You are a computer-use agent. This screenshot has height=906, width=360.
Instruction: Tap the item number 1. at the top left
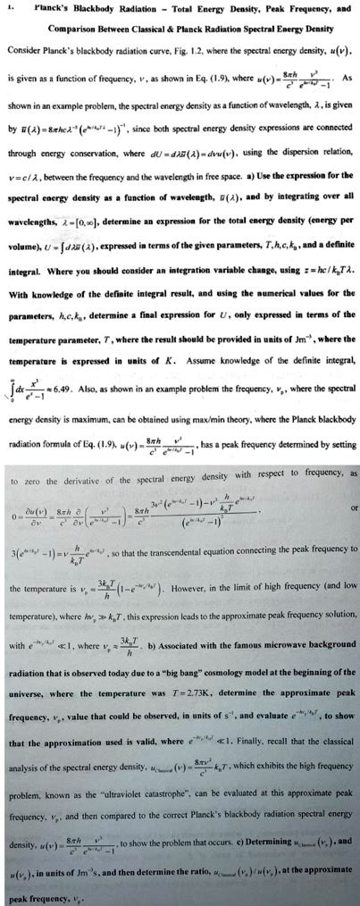(x=10, y=10)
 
